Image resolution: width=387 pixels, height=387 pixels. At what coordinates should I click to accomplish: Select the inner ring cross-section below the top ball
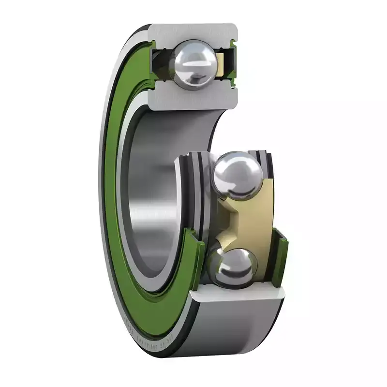(x=193, y=97)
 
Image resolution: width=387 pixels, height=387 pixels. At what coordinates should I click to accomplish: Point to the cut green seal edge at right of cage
(x=278, y=256)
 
